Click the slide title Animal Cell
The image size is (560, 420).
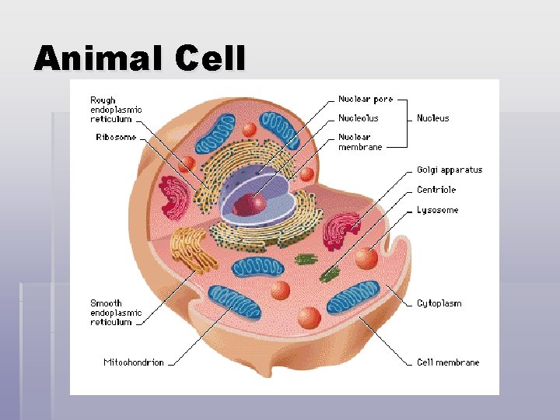pyautogui.click(x=140, y=59)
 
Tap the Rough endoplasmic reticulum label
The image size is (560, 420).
pyautogui.click(x=116, y=110)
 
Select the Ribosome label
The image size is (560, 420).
pyautogui.click(x=116, y=138)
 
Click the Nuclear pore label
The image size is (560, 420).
pyautogui.click(x=366, y=100)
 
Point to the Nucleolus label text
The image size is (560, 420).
pyautogui.click(x=359, y=118)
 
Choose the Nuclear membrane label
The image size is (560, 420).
pyautogui.click(x=360, y=142)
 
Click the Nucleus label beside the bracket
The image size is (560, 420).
pyautogui.click(x=433, y=118)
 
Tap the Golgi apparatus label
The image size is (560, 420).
pyautogui.click(x=450, y=170)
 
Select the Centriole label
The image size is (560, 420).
pyautogui.click(x=436, y=190)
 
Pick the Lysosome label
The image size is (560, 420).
pyautogui.click(x=437, y=210)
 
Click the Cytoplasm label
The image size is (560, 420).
pyautogui.click(x=439, y=303)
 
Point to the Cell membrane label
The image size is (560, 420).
pyautogui.click(x=448, y=362)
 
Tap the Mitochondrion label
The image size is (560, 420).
pyautogui.click(x=134, y=362)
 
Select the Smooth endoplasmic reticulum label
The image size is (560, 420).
pyautogui.click(x=116, y=313)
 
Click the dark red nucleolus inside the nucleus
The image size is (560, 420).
pyautogui.click(x=250, y=205)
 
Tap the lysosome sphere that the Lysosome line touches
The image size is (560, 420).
pyautogui.click(x=366, y=257)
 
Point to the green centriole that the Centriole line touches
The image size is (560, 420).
pyautogui.click(x=331, y=273)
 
